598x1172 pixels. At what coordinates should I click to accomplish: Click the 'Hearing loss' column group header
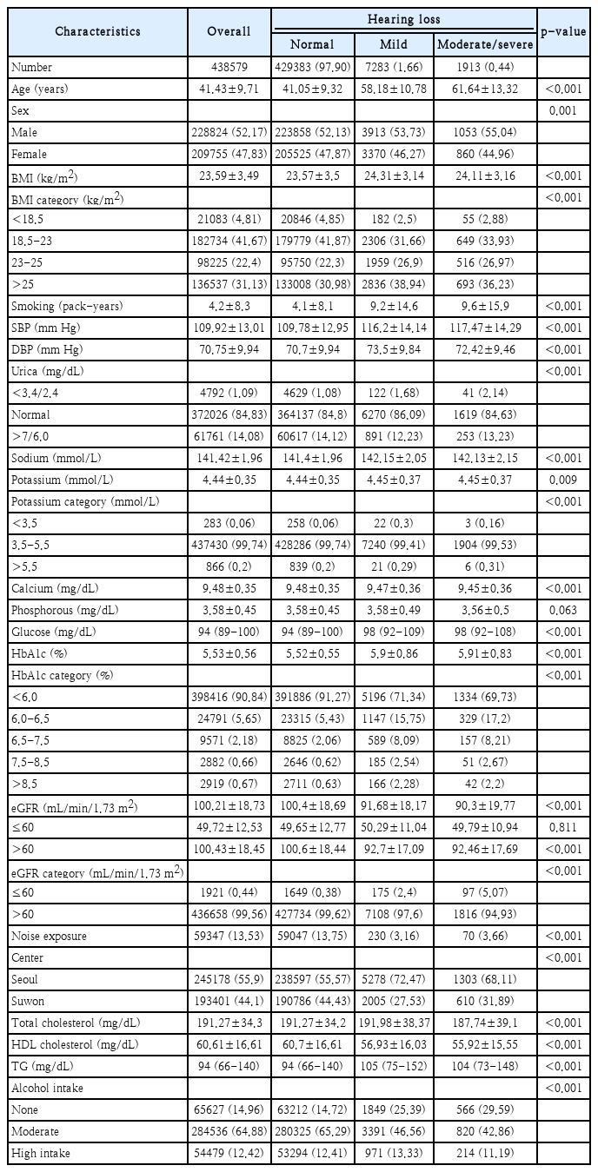point(402,18)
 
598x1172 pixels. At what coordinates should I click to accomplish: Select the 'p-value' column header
point(562,30)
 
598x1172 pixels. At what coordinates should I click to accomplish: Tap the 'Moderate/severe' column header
point(483,44)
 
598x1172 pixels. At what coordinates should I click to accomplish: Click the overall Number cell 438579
point(229,67)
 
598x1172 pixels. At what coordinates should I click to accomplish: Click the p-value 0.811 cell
point(562,828)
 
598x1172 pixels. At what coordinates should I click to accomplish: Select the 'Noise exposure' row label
point(50,936)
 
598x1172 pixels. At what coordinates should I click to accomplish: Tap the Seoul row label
point(28,979)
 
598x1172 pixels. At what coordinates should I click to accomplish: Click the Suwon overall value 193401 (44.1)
point(229,1001)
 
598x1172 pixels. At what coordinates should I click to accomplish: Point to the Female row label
point(31,154)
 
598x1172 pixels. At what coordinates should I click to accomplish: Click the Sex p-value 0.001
point(562,110)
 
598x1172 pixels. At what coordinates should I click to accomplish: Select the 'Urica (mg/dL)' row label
point(49,371)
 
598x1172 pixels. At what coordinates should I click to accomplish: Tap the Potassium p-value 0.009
point(562,480)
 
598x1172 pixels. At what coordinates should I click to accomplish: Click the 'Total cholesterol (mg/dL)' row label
point(76,1023)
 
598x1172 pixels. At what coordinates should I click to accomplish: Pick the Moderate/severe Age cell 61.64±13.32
point(483,89)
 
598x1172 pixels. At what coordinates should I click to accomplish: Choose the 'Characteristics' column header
point(97,31)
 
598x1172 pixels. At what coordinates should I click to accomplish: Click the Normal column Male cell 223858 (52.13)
point(311,132)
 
